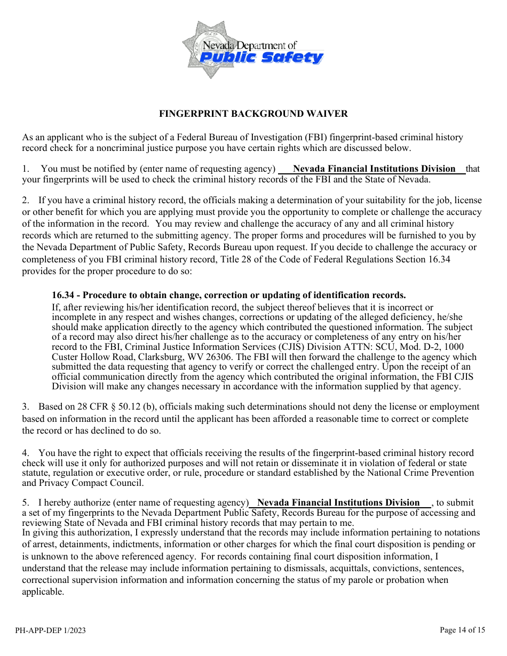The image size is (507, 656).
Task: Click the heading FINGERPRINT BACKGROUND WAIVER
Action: point(253,114)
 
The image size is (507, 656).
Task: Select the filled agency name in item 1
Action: point(374,169)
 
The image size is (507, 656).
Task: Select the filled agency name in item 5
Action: point(338,503)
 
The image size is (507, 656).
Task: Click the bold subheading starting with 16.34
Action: point(228,295)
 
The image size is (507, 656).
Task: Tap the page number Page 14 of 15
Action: point(462,630)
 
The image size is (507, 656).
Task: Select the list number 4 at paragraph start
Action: point(25,453)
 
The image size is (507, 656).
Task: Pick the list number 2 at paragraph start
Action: point(25,201)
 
